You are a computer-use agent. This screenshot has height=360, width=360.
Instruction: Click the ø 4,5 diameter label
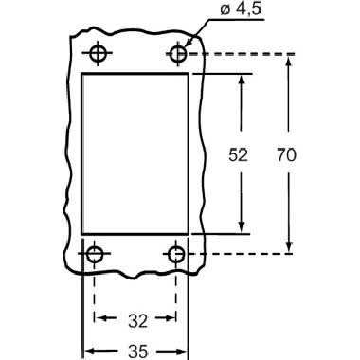(241, 9)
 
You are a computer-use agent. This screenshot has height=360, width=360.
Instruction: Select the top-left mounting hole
(98, 53)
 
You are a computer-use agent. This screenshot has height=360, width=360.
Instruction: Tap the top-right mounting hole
(178, 54)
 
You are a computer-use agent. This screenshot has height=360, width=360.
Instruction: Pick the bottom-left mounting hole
(95, 254)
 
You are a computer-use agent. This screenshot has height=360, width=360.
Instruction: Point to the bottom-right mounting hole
(176, 254)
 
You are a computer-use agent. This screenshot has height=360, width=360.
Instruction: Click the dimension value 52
(238, 155)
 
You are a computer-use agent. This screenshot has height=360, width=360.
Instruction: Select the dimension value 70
(286, 155)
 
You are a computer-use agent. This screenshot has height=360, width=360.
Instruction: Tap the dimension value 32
(138, 321)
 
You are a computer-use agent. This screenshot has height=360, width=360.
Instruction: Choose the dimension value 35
(138, 351)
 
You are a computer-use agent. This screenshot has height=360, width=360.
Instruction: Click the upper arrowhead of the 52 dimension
(242, 80)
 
